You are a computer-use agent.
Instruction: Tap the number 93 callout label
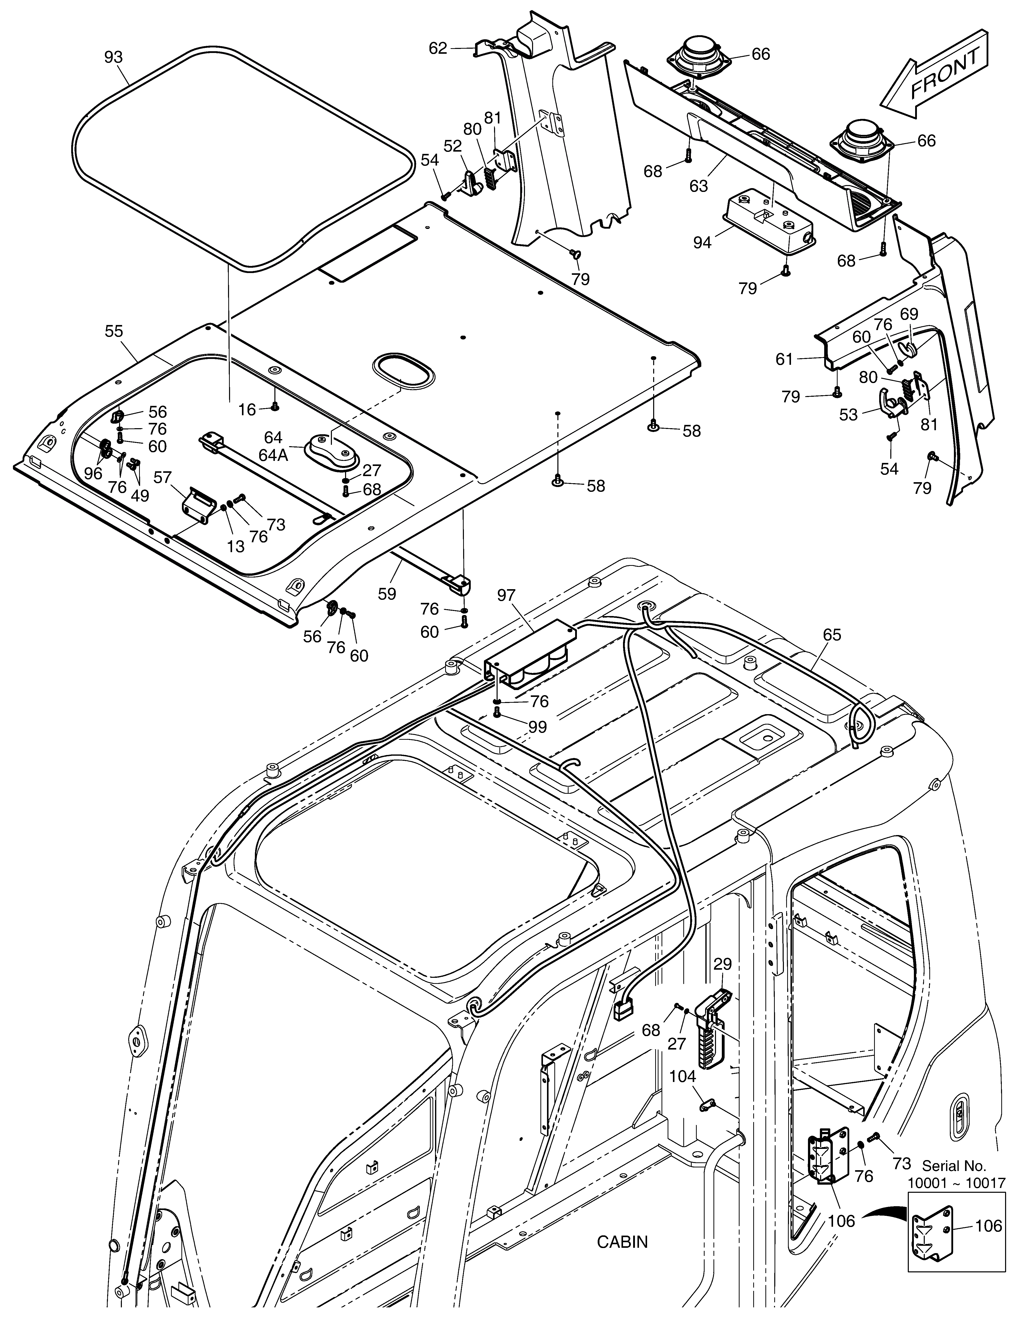tap(114, 57)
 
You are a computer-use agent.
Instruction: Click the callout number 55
tap(114, 331)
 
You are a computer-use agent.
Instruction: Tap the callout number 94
tap(702, 243)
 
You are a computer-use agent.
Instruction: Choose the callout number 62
tap(438, 48)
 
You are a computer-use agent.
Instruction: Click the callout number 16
tap(247, 410)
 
